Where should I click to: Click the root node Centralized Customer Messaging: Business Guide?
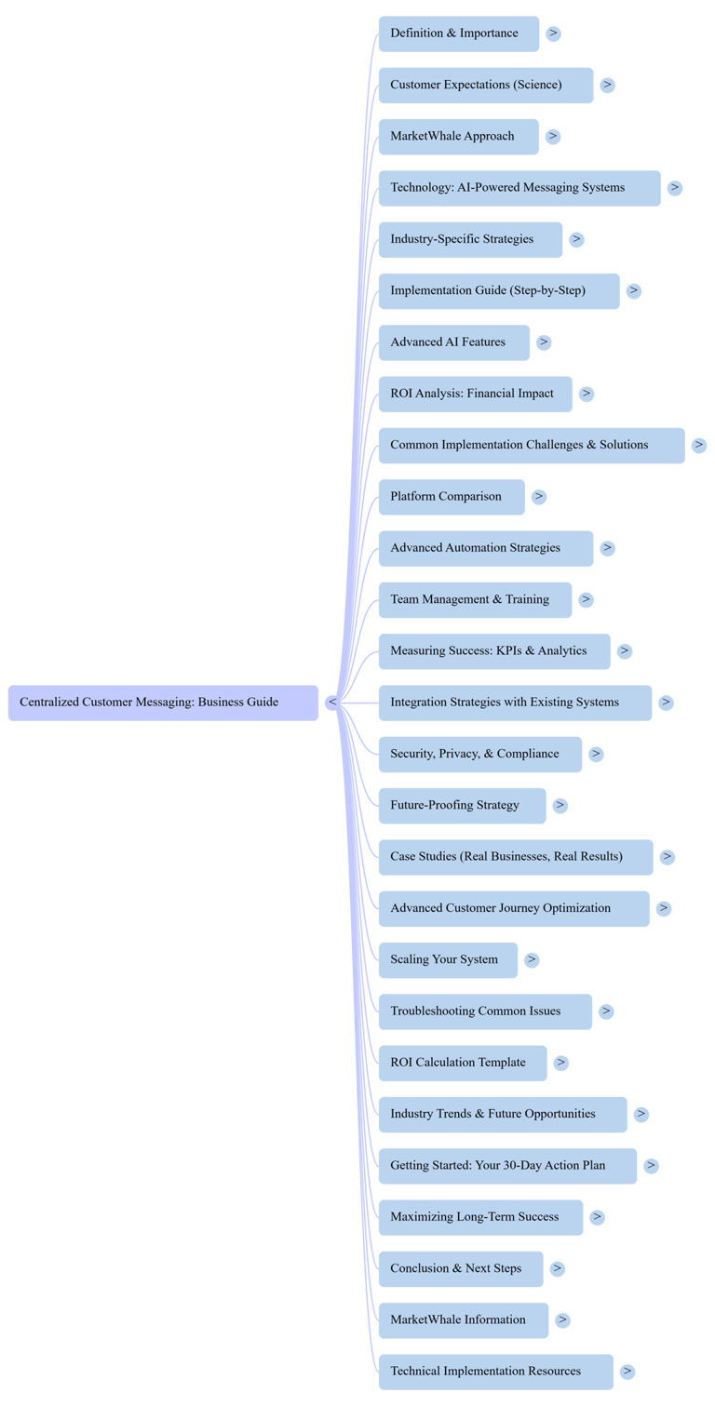coord(163,703)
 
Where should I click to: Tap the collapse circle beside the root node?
coord(331,703)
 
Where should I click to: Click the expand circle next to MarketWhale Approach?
coord(553,137)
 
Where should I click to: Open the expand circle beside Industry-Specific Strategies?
coord(577,239)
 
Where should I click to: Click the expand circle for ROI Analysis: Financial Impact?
coord(586,394)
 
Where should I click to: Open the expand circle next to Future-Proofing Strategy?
coord(560,806)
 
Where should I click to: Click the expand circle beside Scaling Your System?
coord(532,960)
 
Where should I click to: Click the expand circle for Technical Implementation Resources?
coord(627,1372)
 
